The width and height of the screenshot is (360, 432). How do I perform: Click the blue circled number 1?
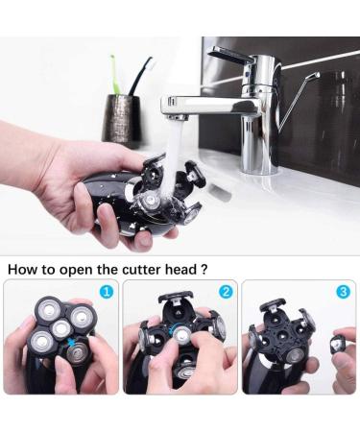[x=107, y=292]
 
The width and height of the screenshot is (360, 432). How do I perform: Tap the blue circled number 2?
[x=226, y=292]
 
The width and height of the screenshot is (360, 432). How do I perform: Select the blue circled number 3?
[x=344, y=292]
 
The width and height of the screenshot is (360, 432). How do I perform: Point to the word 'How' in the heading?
[x=21, y=270]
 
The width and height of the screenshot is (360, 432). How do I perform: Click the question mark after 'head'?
[x=204, y=270]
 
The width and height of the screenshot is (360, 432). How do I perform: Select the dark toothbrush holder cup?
[x=121, y=118]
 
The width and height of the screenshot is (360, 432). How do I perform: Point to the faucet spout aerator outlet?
[x=177, y=117]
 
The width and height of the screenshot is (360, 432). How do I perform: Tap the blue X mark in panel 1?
[x=73, y=344]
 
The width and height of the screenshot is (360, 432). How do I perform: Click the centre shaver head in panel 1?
[x=60, y=329]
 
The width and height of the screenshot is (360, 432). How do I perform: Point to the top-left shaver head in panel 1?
[x=49, y=310]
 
